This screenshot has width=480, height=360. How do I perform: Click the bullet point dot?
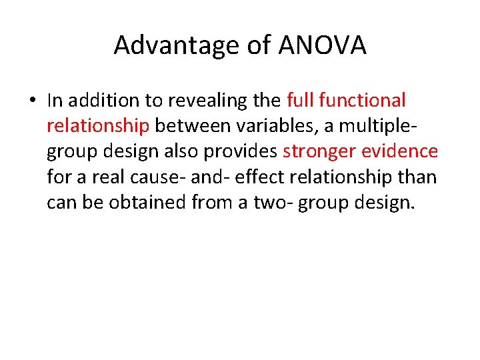pyautogui.click(x=33, y=101)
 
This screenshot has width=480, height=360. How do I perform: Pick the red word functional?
pyautogui.click(x=363, y=101)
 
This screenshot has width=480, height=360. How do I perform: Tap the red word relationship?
pyautogui.click(x=98, y=127)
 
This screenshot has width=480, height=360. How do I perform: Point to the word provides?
pyautogui.click(x=241, y=152)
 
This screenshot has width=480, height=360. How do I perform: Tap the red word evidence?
pyautogui.click(x=400, y=151)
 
